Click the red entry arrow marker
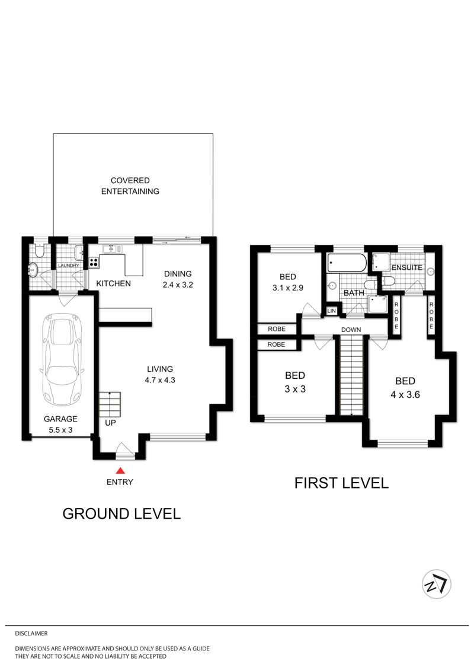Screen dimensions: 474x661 pos(120,471)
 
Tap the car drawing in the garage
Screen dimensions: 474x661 pos(62,360)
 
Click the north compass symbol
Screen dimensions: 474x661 pos(437,584)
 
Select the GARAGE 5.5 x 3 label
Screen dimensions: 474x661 pos(60,424)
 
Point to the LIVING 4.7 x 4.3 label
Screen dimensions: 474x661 pos(160,374)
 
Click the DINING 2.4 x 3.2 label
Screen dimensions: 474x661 pos(178,279)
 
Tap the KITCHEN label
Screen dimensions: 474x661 pos(113,283)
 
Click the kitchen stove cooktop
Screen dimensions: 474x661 pos(94,263)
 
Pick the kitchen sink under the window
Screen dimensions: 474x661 pos(113,249)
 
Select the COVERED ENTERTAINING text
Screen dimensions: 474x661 pos(130,186)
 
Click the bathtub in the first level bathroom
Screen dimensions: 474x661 pos(347,263)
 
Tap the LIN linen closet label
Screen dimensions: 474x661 pos(332,311)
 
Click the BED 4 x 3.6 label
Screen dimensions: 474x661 pos(405,388)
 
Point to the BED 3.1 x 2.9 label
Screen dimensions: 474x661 pos(288,282)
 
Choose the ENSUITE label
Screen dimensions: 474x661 pos(407,268)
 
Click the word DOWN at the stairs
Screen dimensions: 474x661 pos(351,330)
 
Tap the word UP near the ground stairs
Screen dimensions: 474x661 pos(110,423)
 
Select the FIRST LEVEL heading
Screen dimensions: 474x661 pos(341,483)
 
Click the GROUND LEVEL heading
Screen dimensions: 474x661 pos(122,513)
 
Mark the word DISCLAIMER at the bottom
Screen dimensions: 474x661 pos(31,634)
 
